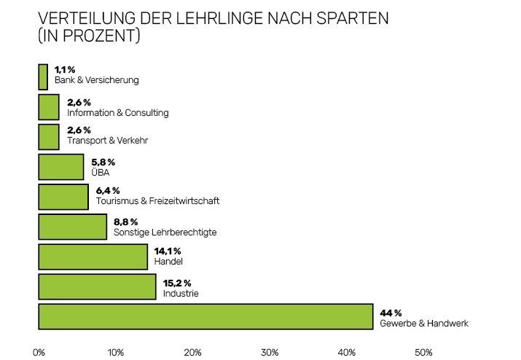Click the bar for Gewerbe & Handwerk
coord(205,316)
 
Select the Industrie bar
coord(97,286)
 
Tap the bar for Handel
coord(93,257)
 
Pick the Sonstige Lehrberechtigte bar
coord(72,227)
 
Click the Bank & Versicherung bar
coord(43,77)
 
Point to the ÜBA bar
coord(61,167)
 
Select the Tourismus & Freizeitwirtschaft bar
coord(63,197)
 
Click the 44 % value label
coord(391,312)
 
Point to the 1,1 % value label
coord(66,69)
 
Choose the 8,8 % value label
coord(125,222)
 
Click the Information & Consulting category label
coord(117,113)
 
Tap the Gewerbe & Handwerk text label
coord(424,323)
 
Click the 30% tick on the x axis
coord(270,353)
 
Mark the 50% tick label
coord(423,353)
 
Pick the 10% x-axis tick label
coord(115,353)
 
